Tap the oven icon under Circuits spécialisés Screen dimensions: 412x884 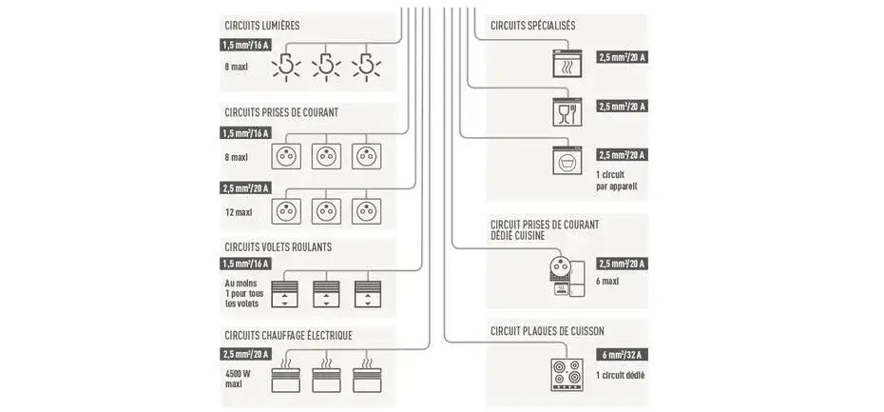point(567,64)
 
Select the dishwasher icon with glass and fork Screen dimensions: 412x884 point(567,112)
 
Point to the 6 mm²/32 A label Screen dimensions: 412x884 point(623,355)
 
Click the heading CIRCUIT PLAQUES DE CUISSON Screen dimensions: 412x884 point(548,331)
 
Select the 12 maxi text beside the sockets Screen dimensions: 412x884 point(239,211)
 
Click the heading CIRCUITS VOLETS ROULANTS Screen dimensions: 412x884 point(279,246)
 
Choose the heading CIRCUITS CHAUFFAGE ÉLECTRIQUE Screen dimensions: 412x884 point(289,335)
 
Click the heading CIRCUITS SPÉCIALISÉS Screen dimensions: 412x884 point(533,26)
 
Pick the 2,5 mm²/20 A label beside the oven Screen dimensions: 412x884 point(623,58)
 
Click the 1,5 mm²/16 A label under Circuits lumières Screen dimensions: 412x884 point(245,45)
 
